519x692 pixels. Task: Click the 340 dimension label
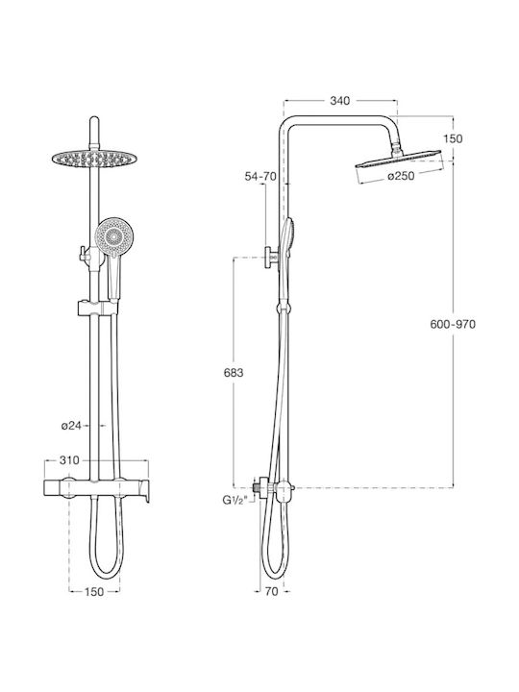point(340,101)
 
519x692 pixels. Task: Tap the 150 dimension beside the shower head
point(453,138)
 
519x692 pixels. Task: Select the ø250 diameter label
point(401,176)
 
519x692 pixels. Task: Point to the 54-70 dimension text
point(260,177)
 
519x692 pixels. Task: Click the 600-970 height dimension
point(453,325)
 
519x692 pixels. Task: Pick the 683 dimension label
point(233,373)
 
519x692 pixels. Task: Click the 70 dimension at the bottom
point(272,591)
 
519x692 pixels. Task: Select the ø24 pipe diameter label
point(70,426)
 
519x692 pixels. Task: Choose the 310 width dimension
point(69,460)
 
